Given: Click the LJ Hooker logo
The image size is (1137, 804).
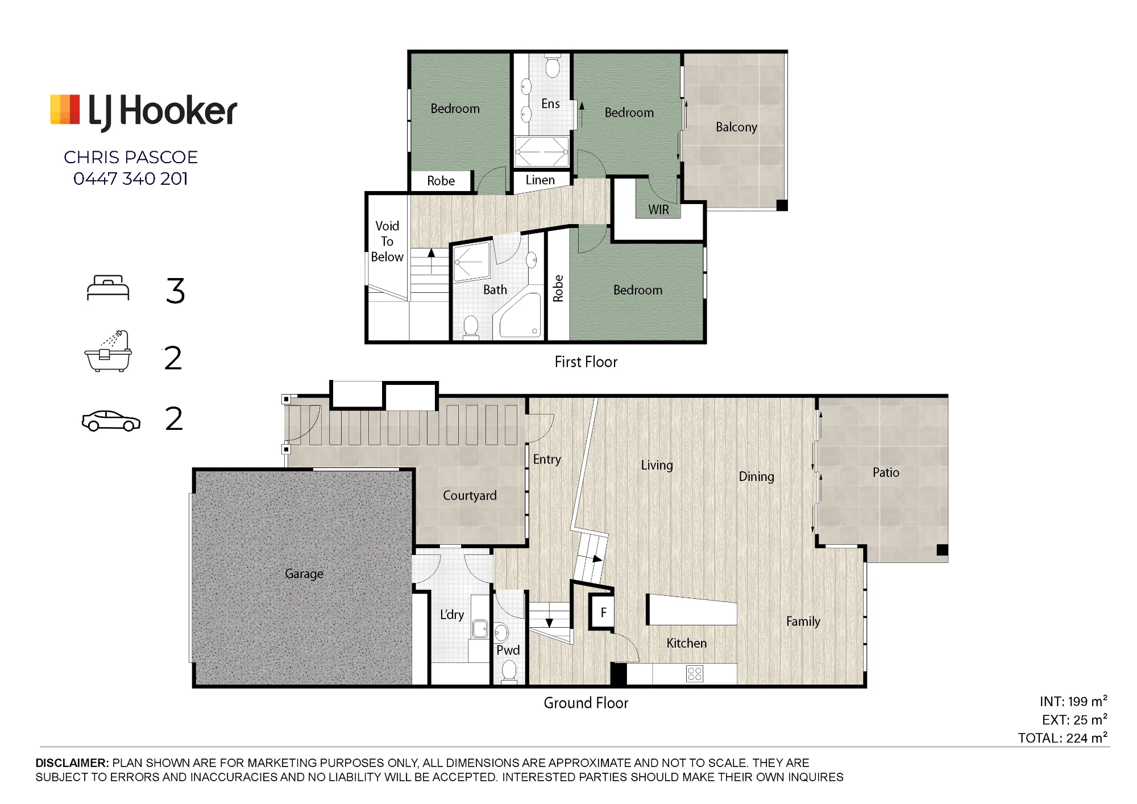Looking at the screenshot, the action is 144,111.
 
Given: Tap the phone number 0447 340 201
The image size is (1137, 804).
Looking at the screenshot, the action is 131,179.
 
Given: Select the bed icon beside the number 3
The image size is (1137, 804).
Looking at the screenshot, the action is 108,288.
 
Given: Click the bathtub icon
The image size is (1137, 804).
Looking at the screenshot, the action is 108,351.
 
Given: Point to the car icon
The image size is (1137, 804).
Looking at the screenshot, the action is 111,421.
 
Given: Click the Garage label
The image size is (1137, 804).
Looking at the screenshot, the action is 304,574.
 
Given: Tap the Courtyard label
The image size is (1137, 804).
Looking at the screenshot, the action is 470,495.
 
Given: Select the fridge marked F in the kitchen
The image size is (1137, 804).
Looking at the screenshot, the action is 602,612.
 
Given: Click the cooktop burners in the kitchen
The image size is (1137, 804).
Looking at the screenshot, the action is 695,674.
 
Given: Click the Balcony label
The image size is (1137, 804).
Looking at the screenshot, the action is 736,127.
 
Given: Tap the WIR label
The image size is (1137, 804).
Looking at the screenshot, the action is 658,210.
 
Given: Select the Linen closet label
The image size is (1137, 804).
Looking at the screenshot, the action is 540,180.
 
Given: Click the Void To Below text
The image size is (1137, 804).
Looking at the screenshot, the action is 387,241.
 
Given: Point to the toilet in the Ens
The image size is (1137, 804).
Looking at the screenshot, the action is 552,65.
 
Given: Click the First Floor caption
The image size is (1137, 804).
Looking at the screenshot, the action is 586,362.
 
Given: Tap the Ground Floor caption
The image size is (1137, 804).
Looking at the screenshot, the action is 586,703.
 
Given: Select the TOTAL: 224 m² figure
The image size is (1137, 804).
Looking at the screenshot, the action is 1063,737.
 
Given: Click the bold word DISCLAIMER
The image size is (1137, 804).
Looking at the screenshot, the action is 72,763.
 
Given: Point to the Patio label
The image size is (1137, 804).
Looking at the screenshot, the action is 886,472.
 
